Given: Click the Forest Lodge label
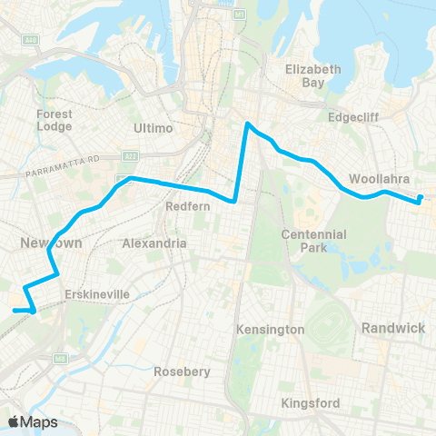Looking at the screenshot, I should [54, 120].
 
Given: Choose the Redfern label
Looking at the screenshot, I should [188, 206].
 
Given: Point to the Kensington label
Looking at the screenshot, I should [270, 329].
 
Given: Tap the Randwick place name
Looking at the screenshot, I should [393, 327].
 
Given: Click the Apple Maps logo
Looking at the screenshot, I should [32, 421].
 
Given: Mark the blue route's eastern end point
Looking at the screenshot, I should [421, 199].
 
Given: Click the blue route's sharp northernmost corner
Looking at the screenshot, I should [247, 124].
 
